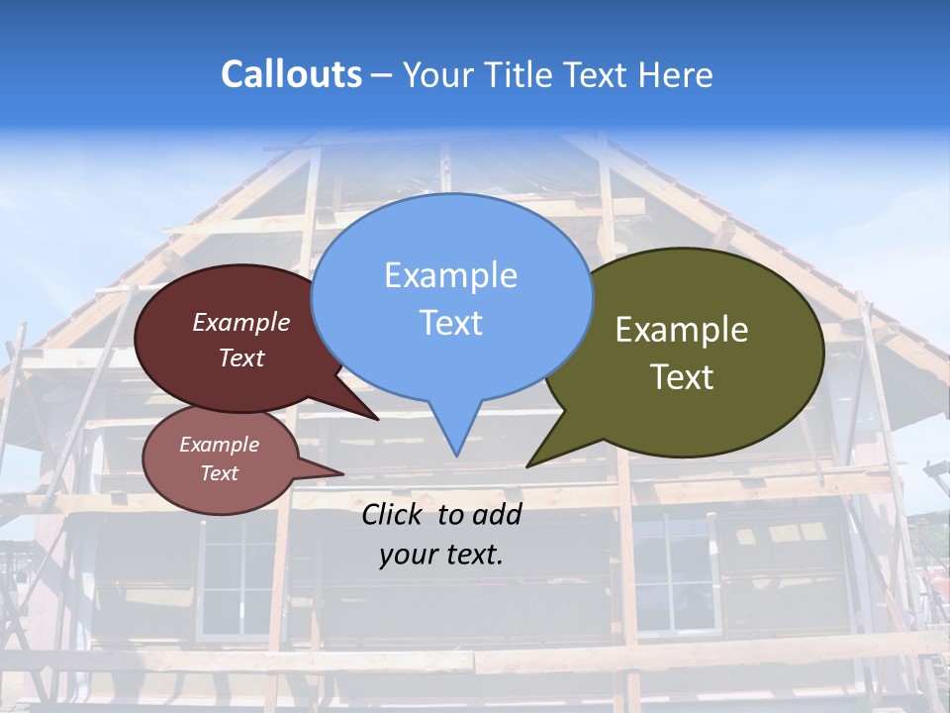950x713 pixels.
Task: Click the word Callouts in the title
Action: click(x=291, y=74)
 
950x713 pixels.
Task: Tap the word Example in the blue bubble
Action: click(x=450, y=275)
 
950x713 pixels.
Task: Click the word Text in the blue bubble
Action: click(x=450, y=323)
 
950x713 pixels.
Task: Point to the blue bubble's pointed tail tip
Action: click(x=456, y=455)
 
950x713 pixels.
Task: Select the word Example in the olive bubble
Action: click(x=682, y=330)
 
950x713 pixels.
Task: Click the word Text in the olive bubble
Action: click(x=682, y=377)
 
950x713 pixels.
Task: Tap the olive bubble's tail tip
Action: click(x=527, y=465)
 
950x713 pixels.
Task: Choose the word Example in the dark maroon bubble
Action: click(x=241, y=322)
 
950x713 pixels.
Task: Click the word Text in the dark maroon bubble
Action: click(x=241, y=357)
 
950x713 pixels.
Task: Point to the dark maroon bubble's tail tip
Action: click(x=378, y=420)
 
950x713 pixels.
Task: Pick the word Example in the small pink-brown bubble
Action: click(x=219, y=445)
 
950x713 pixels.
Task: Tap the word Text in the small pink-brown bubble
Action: click(x=219, y=473)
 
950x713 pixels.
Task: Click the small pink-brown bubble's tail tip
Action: click(x=342, y=473)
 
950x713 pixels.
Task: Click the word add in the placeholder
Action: click(x=497, y=514)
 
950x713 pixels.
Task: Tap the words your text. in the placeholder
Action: click(x=441, y=555)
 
